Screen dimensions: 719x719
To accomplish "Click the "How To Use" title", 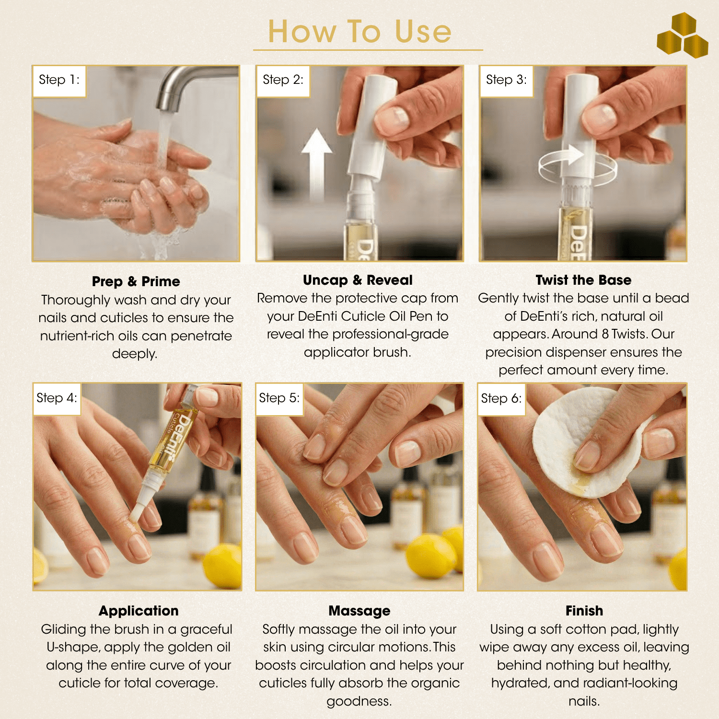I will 359,32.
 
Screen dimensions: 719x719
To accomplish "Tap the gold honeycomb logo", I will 683,35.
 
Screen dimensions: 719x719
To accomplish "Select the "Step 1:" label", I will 59,80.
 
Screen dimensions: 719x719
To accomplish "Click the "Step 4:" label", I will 57,398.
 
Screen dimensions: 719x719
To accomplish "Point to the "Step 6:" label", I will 501,398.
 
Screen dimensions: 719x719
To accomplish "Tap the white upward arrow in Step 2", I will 316,163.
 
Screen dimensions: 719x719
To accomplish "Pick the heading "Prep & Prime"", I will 136,281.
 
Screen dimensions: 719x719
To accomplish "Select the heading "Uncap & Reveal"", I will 358,280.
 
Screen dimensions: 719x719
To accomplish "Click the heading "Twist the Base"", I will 583,280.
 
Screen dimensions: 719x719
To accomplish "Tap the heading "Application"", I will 139,611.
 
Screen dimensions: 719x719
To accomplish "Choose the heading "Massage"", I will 359,611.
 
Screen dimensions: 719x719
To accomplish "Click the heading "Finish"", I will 584,611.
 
